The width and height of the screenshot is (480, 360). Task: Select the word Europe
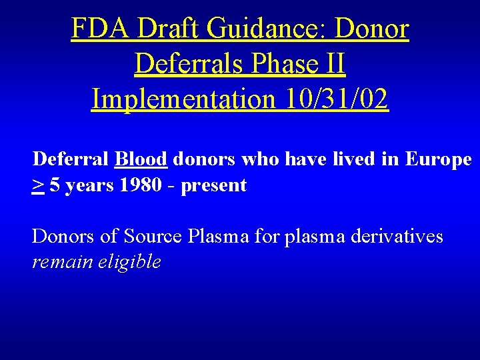[x=438, y=159]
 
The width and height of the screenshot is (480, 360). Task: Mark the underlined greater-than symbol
[x=38, y=185]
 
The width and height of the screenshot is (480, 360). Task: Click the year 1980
[x=140, y=185]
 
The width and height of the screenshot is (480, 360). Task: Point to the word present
[x=214, y=186]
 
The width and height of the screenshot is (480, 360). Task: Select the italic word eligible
[x=130, y=262]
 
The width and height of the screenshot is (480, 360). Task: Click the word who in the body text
[x=258, y=159]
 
